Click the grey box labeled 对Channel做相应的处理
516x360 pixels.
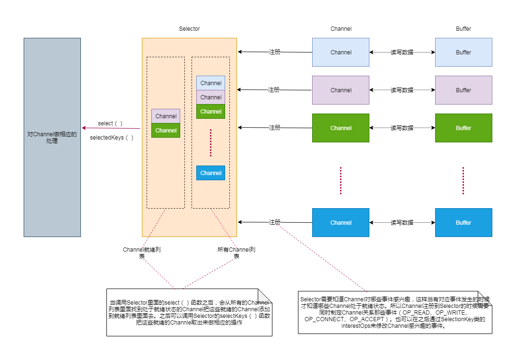click(x=52, y=137)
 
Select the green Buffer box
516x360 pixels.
click(x=464, y=128)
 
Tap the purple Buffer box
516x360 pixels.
click(x=464, y=90)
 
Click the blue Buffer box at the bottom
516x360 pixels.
click(x=464, y=222)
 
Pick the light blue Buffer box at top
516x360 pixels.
click(x=464, y=52)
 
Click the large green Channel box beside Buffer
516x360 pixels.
click(x=341, y=128)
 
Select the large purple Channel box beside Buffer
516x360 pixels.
click(x=341, y=90)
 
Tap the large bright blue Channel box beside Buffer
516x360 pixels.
click(x=341, y=222)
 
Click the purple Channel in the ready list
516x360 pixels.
click(x=166, y=116)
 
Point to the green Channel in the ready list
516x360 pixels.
click(x=166, y=130)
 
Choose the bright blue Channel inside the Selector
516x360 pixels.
click(x=210, y=173)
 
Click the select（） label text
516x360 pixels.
click(x=110, y=123)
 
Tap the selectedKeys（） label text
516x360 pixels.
click(x=112, y=138)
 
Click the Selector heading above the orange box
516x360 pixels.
click(x=189, y=29)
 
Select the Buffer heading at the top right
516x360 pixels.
click(x=464, y=29)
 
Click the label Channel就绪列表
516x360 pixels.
click(x=142, y=253)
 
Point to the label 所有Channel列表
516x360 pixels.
click(x=236, y=253)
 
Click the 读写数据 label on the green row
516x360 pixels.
click(x=402, y=128)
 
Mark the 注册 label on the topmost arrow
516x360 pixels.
click(x=274, y=52)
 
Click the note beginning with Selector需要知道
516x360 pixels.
click(x=395, y=312)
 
